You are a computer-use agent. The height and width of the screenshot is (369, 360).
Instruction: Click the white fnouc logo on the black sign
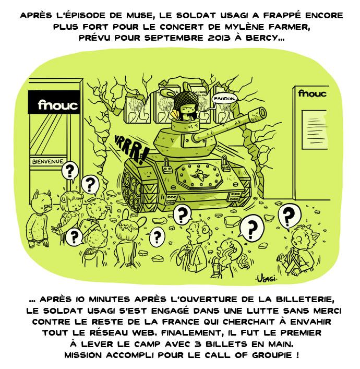tap(57, 105)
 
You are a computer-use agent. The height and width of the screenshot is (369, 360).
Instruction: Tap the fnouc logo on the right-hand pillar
tap(312, 93)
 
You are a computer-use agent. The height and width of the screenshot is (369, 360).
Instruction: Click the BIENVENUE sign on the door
tap(48, 161)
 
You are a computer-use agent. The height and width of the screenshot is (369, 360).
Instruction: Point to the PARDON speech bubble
tap(225, 99)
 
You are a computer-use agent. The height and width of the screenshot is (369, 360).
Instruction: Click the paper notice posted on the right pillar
tap(315, 129)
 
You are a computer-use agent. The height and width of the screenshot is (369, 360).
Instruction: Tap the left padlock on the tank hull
tap(167, 164)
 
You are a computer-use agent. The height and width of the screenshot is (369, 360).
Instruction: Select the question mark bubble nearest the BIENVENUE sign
tap(69, 171)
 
